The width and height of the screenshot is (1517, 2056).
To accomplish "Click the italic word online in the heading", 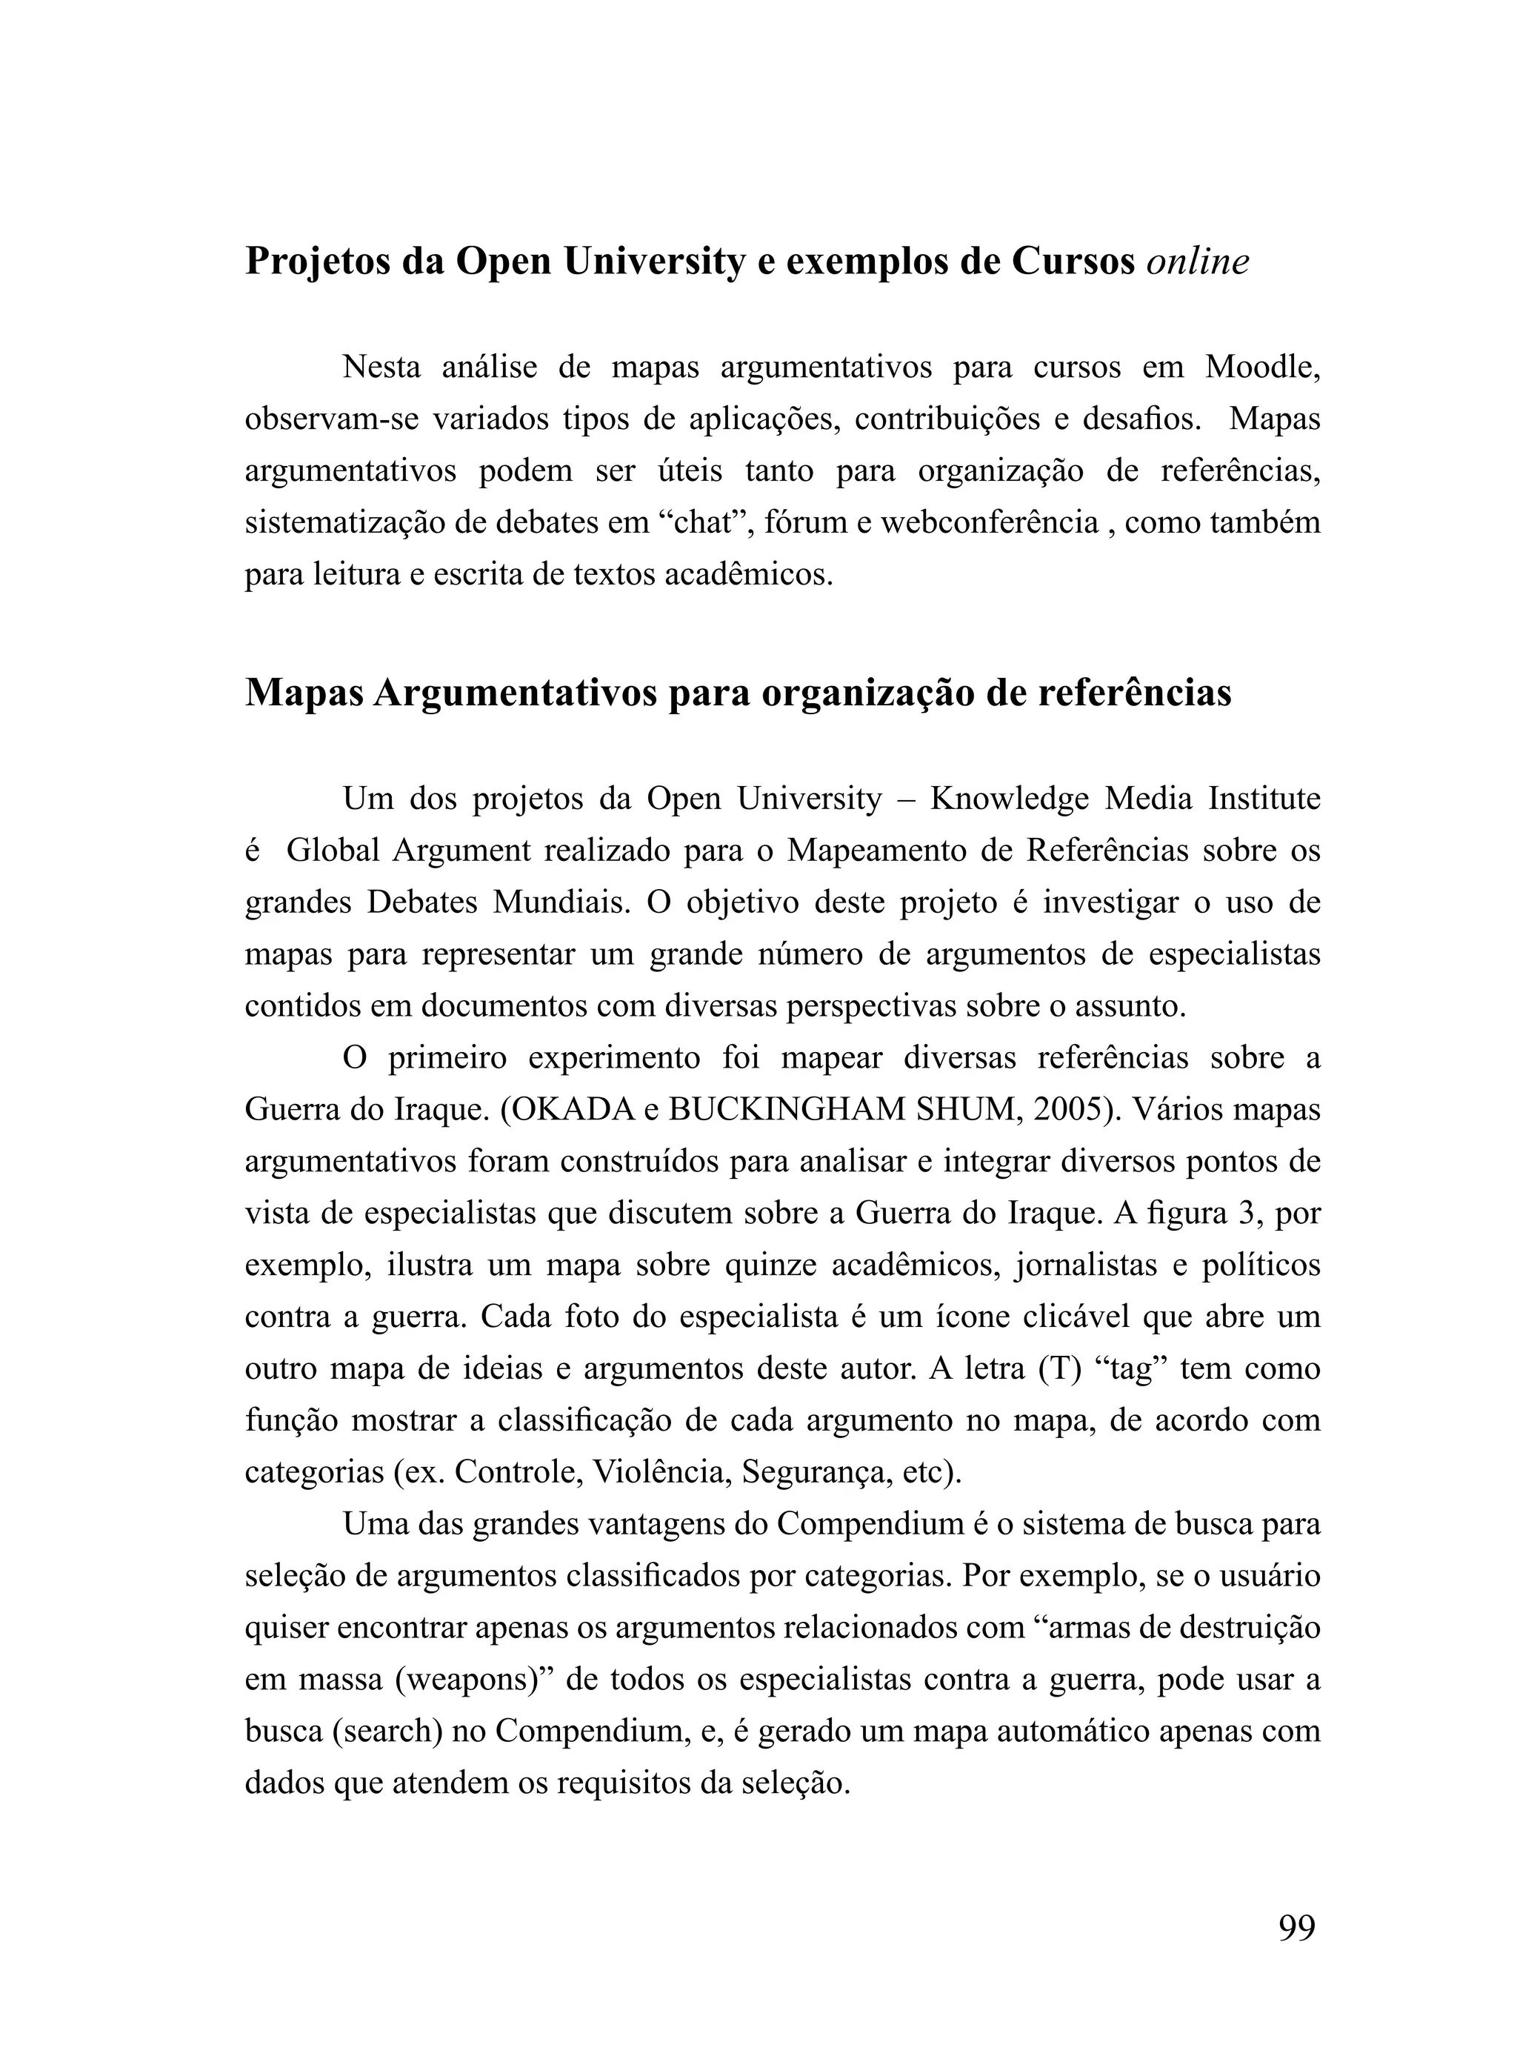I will tap(1198, 262).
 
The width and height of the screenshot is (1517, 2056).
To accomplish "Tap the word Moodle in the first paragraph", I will tap(1263, 367).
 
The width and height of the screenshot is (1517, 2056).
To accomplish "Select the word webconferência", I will tap(989, 522).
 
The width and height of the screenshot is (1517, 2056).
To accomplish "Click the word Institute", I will tap(1264, 799).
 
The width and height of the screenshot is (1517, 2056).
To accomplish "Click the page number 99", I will tap(1296, 1927).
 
